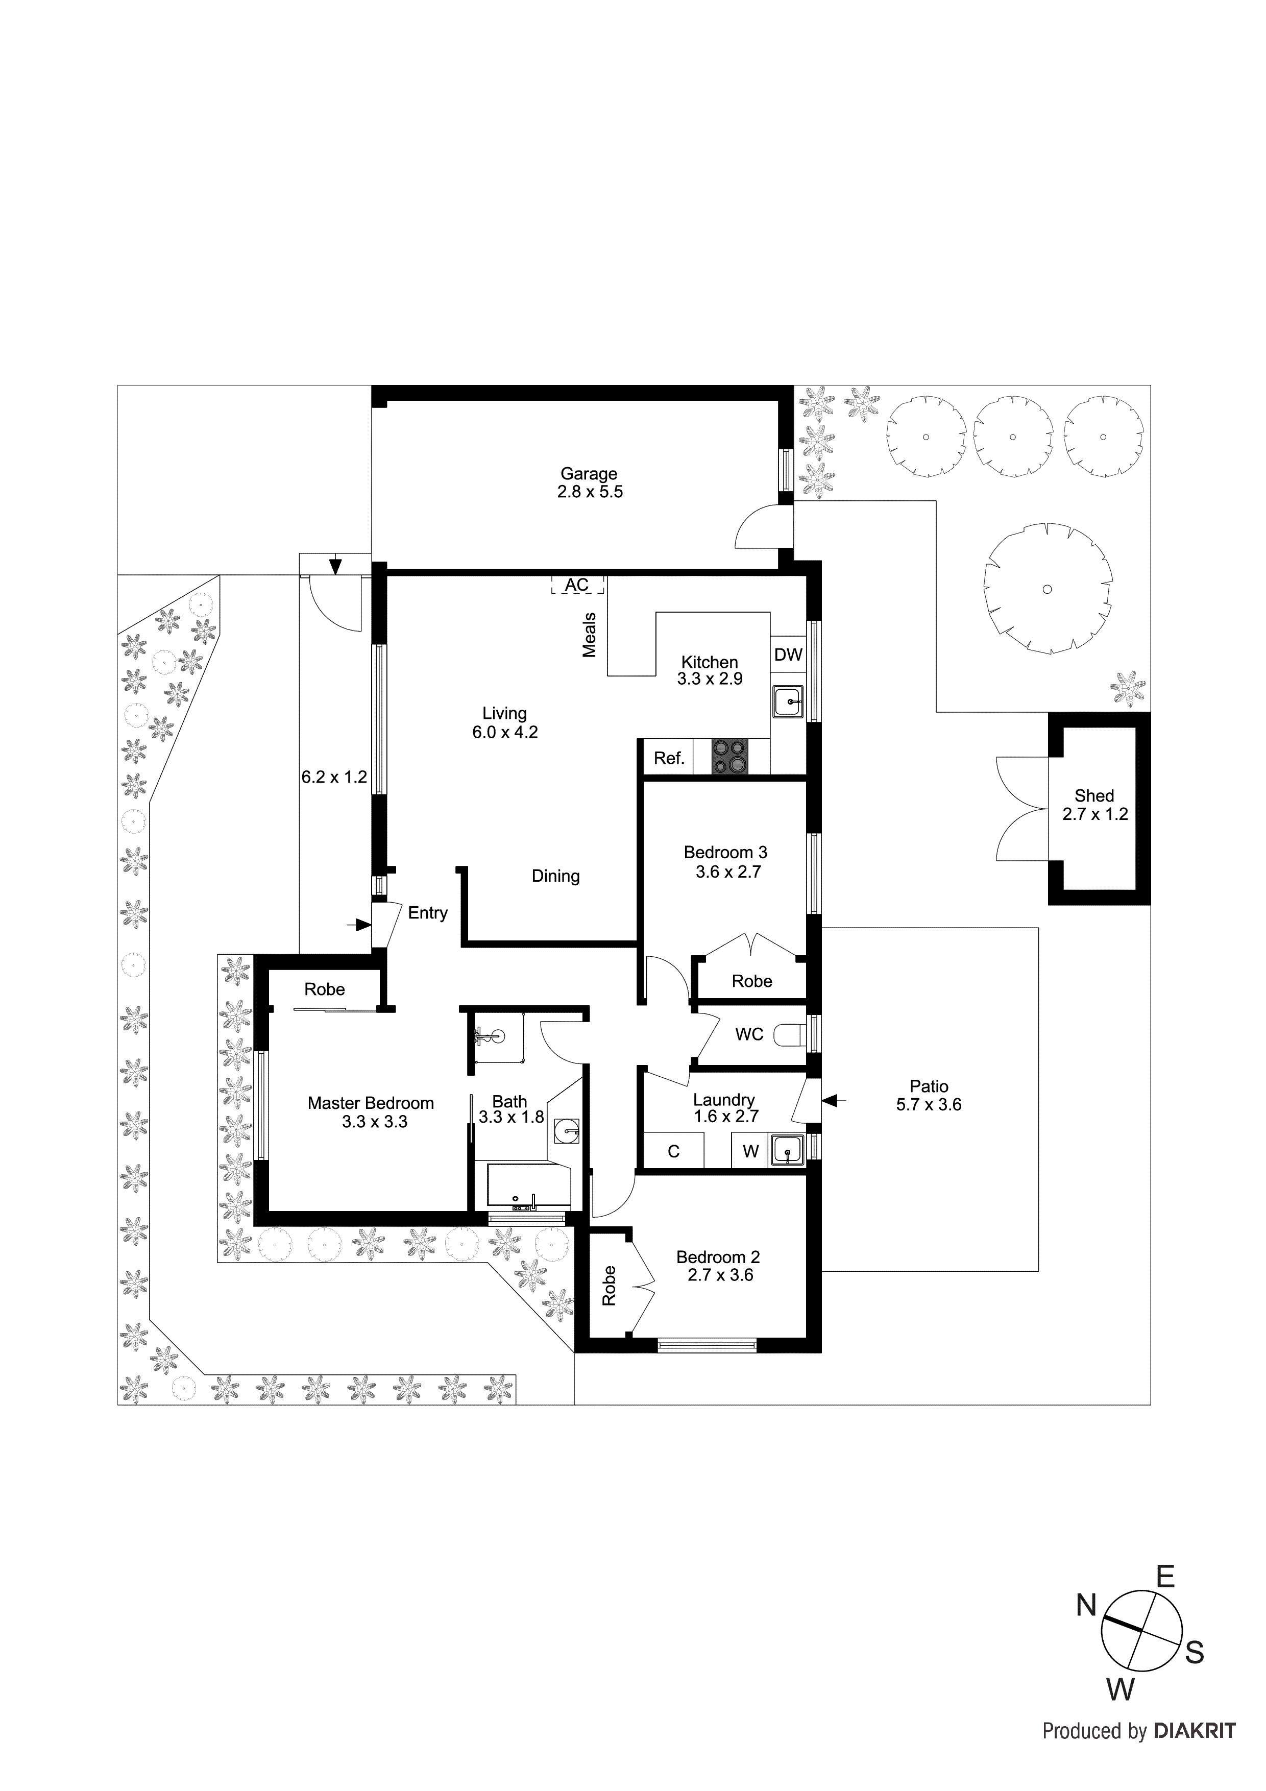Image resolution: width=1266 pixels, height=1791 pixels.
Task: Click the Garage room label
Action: [589, 473]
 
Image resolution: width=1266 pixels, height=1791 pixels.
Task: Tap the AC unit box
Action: [577, 585]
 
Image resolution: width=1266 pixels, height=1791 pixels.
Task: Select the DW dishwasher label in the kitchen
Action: [788, 655]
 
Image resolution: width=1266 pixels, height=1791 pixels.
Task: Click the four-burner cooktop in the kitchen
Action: [730, 757]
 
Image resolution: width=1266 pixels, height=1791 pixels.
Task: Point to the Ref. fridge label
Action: [669, 758]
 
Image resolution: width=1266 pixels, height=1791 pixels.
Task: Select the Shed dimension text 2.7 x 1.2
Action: [1094, 814]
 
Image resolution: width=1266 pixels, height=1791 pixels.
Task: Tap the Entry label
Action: [427, 913]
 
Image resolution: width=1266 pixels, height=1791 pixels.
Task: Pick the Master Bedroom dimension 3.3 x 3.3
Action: [374, 1122]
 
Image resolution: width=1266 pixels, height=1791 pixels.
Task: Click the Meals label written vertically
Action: [590, 635]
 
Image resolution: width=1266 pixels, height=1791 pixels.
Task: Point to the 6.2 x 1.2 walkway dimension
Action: [334, 777]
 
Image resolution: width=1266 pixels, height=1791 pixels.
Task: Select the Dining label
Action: [555, 876]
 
